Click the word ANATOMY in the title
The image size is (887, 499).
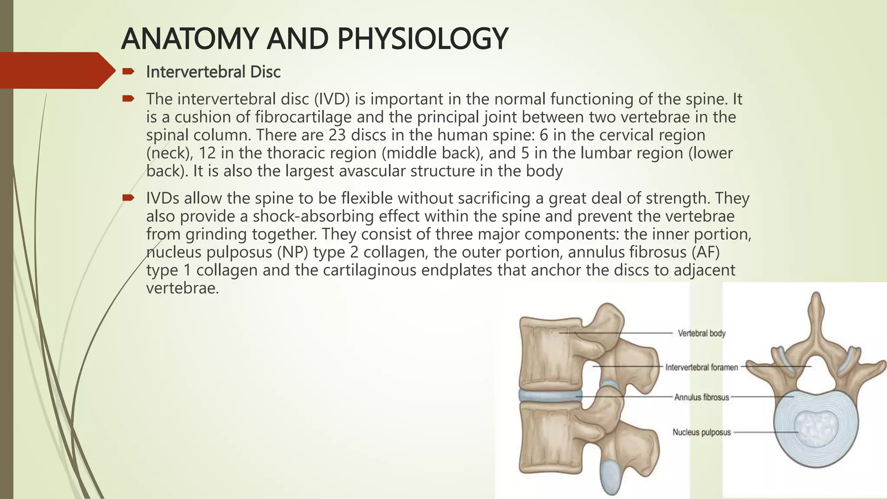click(x=190, y=39)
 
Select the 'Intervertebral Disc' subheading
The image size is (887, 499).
click(x=213, y=72)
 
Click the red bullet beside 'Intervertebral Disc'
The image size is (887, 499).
click(x=128, y=71)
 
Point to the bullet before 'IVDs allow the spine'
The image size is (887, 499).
click(x=128, y=198)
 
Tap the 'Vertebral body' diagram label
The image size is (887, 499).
click(x=701, y=333)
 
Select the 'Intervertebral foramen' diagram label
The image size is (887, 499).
click(x=701, y=367)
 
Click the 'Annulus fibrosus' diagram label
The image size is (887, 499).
click(x=701, y=397)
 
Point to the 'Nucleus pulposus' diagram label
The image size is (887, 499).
click(x=701, y=432)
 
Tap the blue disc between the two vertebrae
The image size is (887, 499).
click(x=549, y=395)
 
